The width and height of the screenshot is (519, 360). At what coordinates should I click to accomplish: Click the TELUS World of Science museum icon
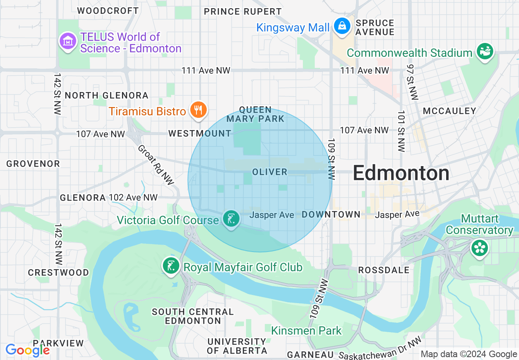(x=68, y=41)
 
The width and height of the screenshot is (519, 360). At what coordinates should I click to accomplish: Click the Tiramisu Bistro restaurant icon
(x=199, y=110)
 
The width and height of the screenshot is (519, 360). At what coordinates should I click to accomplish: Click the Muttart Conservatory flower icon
(x=479, y=248)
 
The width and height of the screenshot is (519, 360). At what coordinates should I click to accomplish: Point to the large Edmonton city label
(x=401, y=173)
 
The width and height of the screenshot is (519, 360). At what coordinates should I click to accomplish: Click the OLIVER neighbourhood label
(x=270, y=172)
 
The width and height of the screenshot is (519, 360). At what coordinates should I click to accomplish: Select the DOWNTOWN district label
(x=331, y=214)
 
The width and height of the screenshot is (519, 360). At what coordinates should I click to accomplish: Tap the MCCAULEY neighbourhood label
(x=449, y=111)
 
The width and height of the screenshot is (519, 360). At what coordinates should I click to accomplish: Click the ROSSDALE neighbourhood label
(x=384, y=270)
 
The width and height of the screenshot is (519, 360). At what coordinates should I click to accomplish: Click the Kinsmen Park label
(x=306, y=330)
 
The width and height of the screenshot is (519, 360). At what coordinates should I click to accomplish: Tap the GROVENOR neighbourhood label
(x=33, y=164)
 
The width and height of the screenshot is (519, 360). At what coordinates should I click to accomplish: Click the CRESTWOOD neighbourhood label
(x=58, y=272)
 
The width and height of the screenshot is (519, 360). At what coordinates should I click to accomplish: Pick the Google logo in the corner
(x=28, y=350)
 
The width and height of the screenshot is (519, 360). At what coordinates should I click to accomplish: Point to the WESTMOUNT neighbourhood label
(x=200, y=133)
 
